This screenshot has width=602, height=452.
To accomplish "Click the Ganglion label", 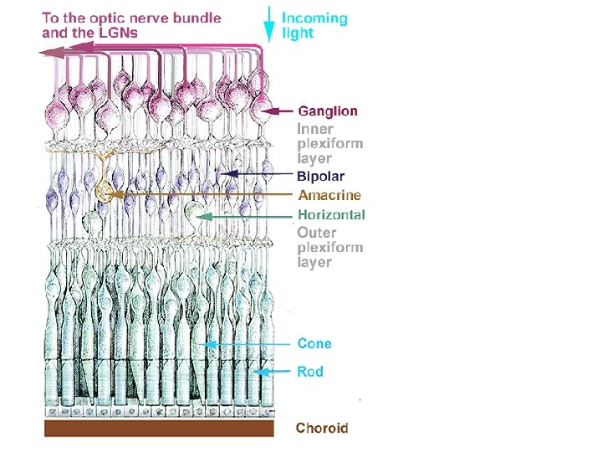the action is coord(328,110).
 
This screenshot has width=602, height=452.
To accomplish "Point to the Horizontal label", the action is coord(331,214).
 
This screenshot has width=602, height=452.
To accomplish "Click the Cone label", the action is coord(314,343).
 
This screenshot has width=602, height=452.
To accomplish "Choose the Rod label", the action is coord(310,372).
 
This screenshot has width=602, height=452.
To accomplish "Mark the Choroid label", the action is coord(322,428).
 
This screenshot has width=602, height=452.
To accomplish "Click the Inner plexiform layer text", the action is coord(329,143).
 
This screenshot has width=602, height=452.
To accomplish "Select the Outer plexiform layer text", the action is coord(329,247).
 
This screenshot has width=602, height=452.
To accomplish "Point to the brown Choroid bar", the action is coord(159,429).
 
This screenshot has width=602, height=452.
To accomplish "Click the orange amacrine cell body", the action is coord(105,193).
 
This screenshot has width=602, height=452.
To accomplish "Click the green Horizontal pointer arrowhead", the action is coord(201,215).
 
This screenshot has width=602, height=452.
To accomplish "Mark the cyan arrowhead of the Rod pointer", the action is coord(259,372).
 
